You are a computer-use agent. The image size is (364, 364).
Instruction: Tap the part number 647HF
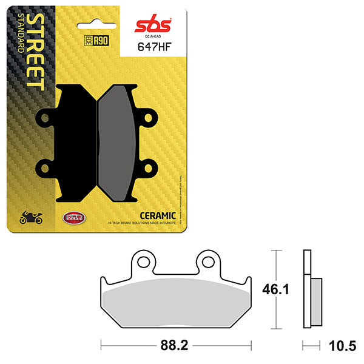tap(150, 49)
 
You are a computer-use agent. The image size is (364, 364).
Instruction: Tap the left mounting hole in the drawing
tap(143, 262)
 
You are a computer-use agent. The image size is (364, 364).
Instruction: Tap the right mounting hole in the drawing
tap(209, 262)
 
